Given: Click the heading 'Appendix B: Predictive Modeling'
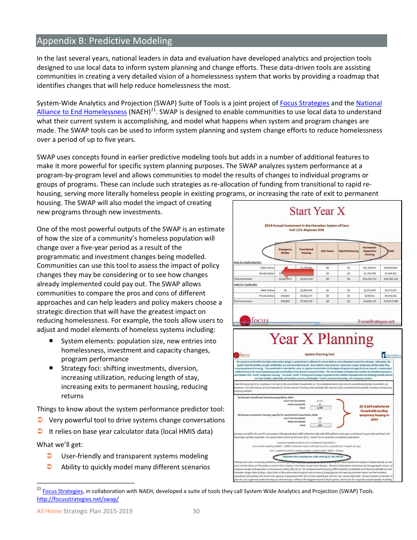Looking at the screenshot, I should tap(104, 41).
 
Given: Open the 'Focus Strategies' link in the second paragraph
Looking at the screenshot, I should tap(305, 103).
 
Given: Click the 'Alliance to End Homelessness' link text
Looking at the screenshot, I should tap(82, 112).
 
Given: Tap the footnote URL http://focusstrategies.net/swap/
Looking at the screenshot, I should tap(78, 499).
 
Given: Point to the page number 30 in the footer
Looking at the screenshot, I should tap(196, 511).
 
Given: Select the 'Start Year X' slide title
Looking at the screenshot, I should tap(317, 211).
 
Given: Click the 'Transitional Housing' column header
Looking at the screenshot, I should tap(306, 251).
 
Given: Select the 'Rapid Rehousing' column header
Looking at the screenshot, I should tap(349, 251).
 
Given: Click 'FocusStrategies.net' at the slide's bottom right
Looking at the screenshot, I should tap(376, 321).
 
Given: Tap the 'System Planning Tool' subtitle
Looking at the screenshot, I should tap(319, 354).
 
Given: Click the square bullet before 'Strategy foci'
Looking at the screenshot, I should tap(51, 368).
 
